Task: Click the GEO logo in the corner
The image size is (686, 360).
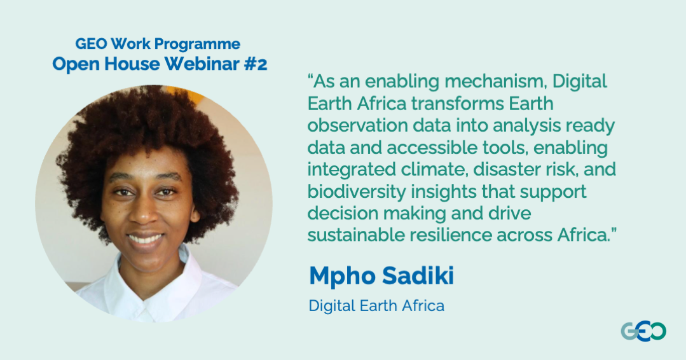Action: point(643,331)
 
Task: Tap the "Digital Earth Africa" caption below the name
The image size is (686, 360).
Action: point(376,306)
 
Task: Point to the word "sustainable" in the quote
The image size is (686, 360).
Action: point(356,235)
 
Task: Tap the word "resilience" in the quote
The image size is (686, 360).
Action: point(451,235)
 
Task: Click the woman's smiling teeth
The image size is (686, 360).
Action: point(146,239)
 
